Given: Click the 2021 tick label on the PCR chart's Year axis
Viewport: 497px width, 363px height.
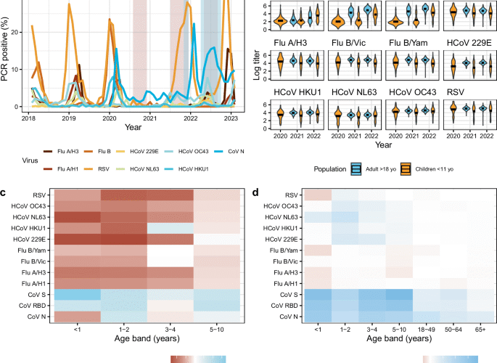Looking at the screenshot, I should pos(149,117).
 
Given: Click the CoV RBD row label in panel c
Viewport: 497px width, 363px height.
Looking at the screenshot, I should pos(34,305).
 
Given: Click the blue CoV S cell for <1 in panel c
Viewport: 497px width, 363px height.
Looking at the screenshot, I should pos(77,294).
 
